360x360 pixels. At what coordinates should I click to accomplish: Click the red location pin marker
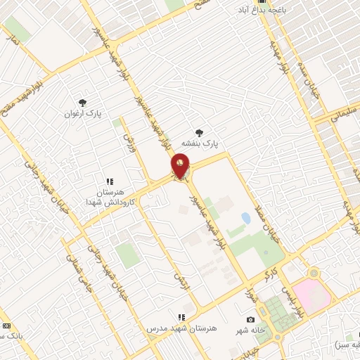[x=180, y=168]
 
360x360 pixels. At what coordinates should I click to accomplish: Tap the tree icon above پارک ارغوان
[x=83, y=103]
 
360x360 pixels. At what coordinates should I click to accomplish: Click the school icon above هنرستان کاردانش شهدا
[x=109, y=181]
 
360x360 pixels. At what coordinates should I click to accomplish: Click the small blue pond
[x=245, y=218]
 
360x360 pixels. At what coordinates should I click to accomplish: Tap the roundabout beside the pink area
[x=314, y=273]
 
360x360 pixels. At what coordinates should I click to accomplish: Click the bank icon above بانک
[x=6, y=326]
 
